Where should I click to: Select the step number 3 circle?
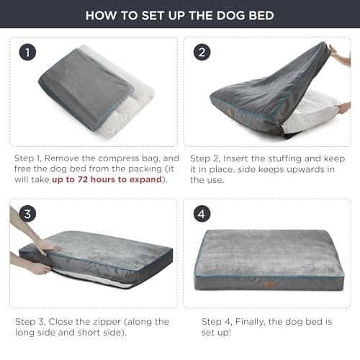tap(27, 214)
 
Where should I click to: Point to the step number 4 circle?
tap(202, 214)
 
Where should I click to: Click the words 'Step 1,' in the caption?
tap(30, 157)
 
